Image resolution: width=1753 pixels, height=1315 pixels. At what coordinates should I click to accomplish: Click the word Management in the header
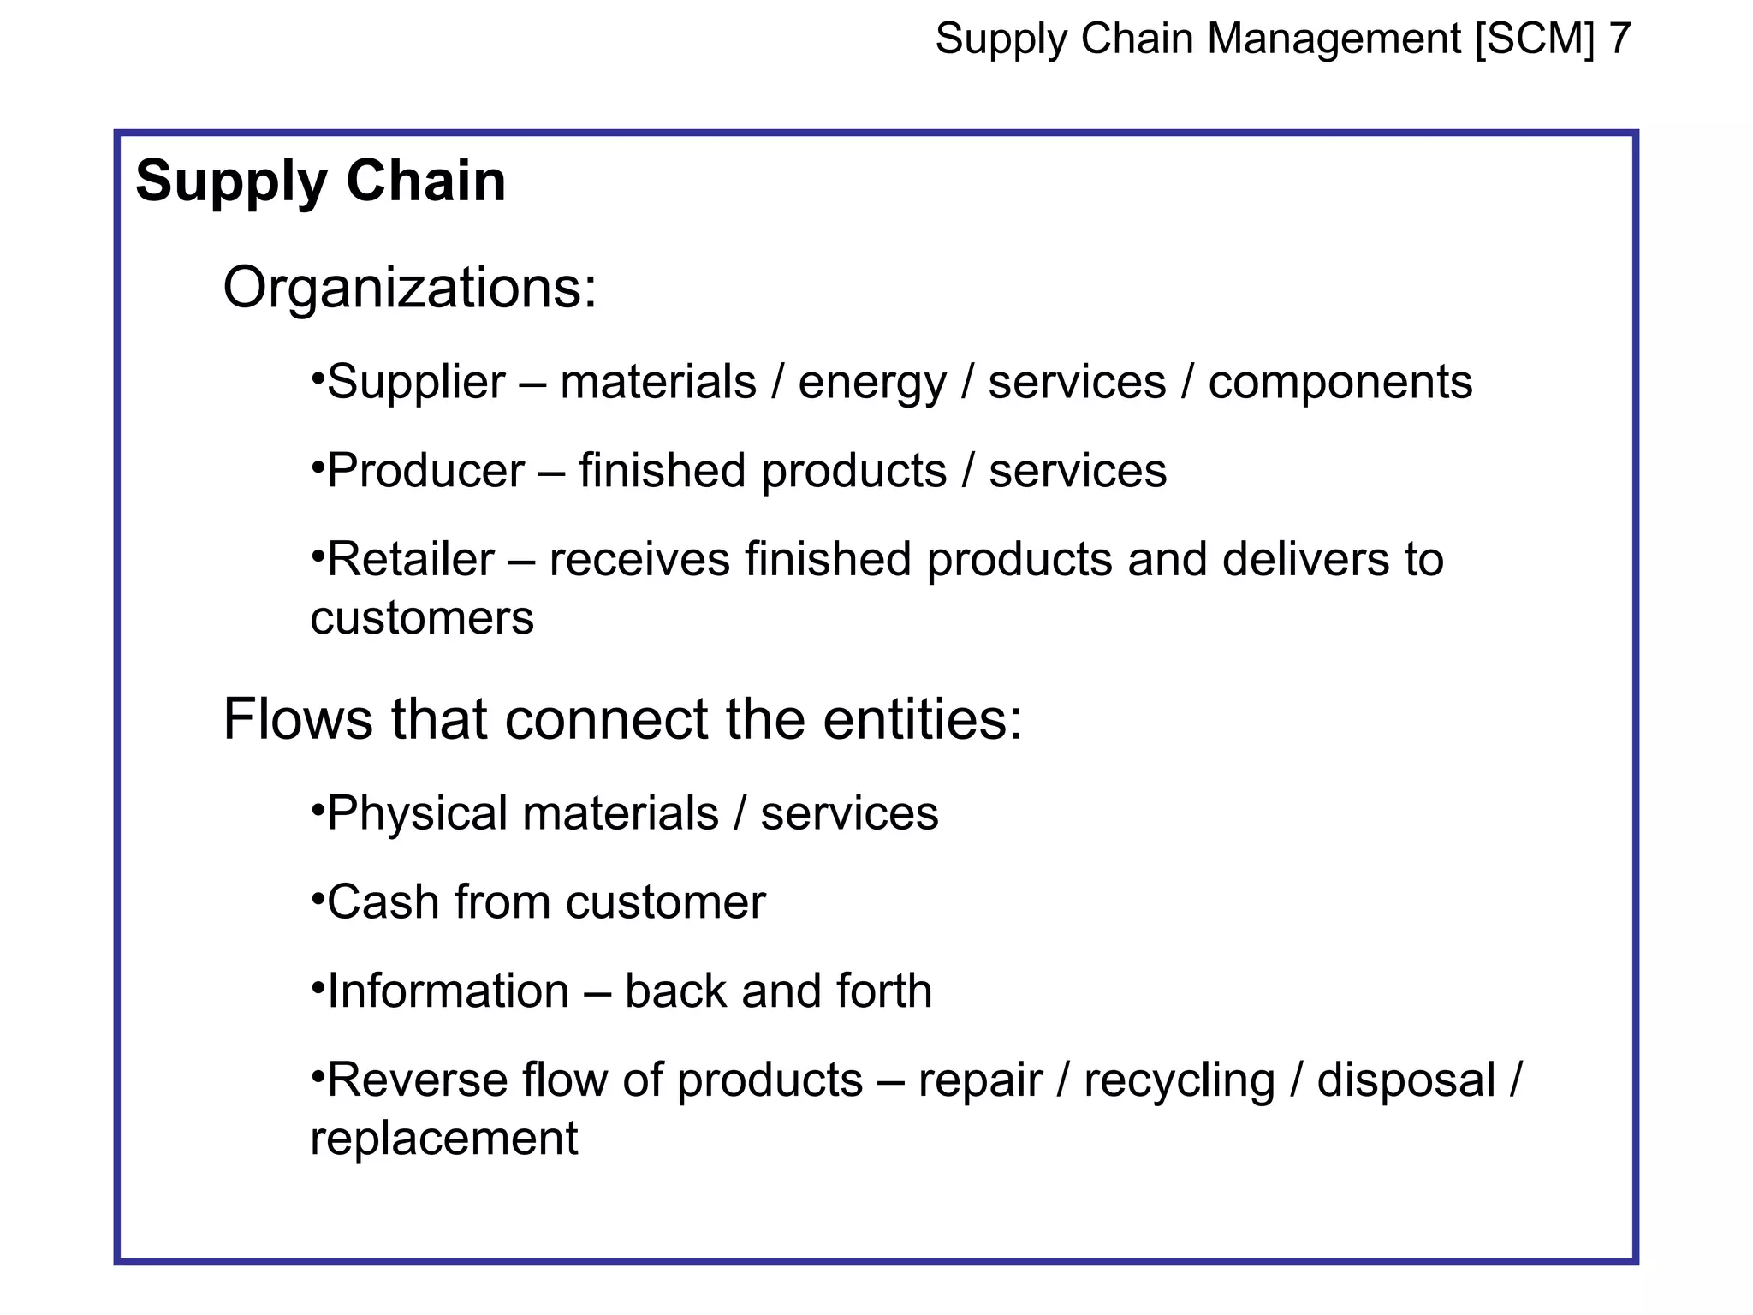click(1334, 39)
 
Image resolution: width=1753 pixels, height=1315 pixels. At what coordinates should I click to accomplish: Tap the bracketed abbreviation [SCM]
click(1535, 39)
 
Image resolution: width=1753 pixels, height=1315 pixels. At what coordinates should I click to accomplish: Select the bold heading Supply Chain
click(321, 181)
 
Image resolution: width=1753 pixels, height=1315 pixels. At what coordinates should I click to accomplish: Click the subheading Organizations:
click(409, 289)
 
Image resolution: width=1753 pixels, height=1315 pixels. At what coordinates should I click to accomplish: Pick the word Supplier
click(416, 383)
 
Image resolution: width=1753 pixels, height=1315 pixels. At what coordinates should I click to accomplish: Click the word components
click(1340, 383)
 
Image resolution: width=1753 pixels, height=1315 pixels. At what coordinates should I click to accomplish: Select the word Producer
click(425, 471)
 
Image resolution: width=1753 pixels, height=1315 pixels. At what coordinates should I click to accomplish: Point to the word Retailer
click(411, 560)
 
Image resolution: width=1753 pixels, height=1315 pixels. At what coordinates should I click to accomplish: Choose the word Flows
click(298, 719)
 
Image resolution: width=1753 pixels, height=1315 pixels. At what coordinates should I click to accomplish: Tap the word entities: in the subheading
click(923, 719)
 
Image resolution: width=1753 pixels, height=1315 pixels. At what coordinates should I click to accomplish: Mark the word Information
click(448, 991)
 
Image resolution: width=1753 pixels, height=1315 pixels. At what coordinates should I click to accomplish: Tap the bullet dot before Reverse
click(317, 1073)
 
